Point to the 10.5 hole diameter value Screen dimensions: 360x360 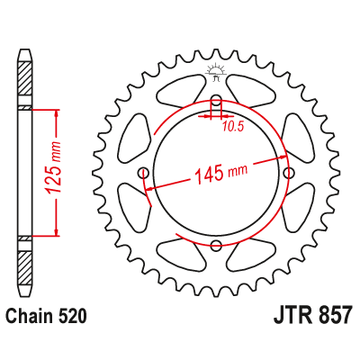pos(234,127)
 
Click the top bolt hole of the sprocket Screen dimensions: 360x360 pos(216,101)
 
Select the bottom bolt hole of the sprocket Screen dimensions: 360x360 pos(216,245)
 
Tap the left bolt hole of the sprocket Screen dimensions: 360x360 pos(144,173)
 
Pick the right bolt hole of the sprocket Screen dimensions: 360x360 pos(288,173)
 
